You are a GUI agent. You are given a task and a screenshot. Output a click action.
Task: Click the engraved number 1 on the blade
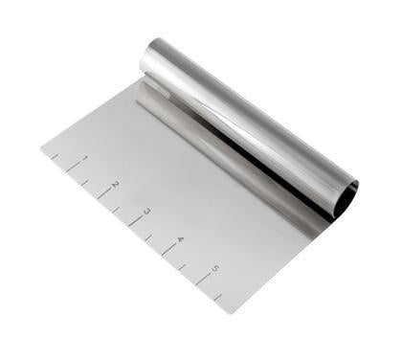pos(85,158)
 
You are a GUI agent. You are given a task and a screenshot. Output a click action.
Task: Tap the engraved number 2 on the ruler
pos(116,184)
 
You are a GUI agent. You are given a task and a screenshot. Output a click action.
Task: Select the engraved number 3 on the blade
pos(147,211)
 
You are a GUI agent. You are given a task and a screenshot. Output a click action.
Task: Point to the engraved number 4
pos(181,239)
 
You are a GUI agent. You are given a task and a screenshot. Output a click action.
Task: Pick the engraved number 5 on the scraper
pos(214,269)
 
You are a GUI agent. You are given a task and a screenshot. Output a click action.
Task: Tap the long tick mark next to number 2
pos(104,193)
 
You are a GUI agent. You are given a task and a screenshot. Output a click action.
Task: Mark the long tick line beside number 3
pos(136,220)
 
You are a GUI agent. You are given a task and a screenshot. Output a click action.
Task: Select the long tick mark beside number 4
pos(169,249)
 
